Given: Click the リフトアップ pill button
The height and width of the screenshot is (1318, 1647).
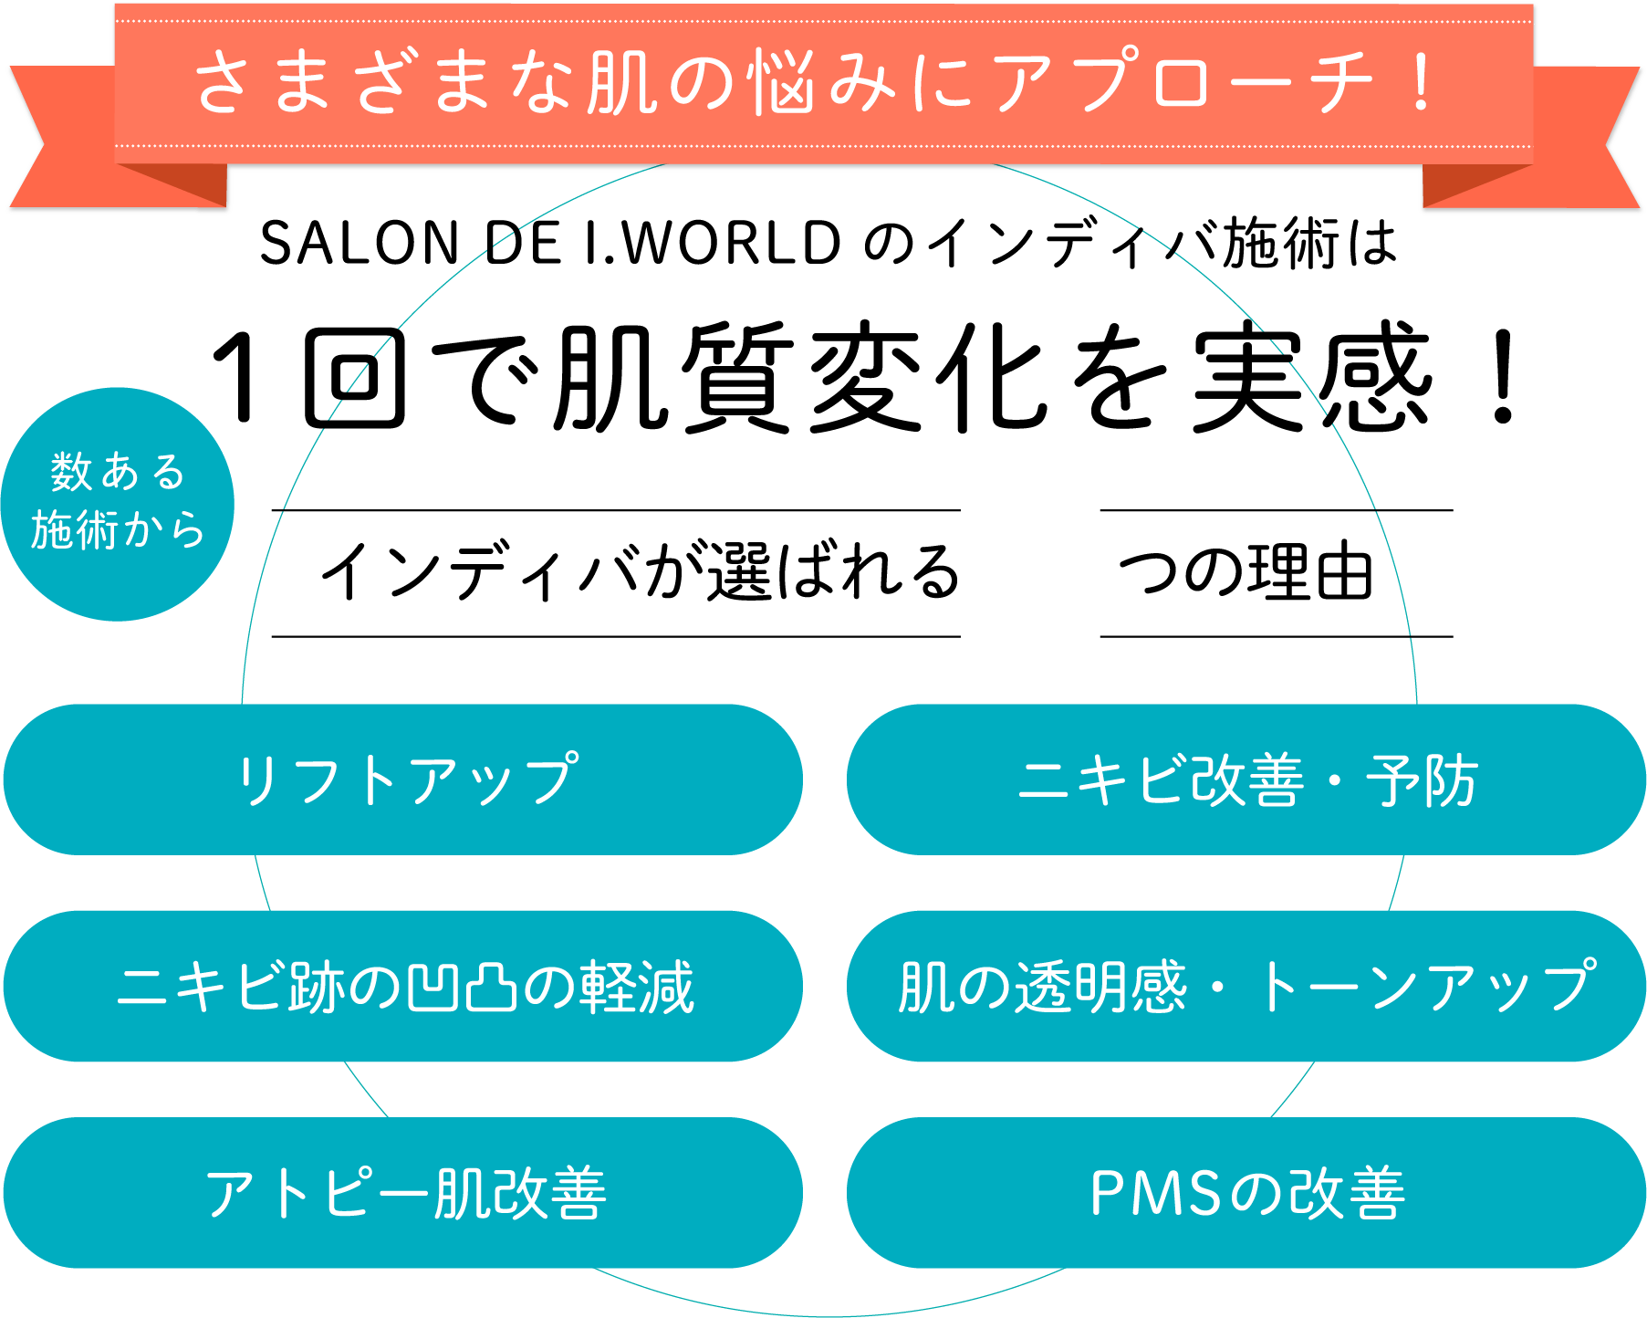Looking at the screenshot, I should [403, 779].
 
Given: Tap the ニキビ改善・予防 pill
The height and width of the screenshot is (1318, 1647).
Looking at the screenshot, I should [1246, 779].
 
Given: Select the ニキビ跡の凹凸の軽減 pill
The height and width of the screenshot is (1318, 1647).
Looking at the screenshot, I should [403, 987].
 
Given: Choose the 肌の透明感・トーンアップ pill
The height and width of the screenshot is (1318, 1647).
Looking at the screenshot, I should [1246, 987].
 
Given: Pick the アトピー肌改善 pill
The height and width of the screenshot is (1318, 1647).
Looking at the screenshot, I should [403, 1193].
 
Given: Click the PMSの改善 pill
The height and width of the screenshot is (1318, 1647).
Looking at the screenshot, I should [1246, 1193].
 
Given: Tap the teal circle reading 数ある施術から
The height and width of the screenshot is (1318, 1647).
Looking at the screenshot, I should [118, 504].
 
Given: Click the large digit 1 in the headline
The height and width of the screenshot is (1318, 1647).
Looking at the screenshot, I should [239, 378].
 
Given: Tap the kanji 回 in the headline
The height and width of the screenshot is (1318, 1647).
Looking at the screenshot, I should [354, 380].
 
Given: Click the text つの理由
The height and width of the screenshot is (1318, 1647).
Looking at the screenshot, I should [1246, 573].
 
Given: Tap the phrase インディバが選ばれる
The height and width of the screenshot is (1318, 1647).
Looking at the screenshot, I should [639, 573].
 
